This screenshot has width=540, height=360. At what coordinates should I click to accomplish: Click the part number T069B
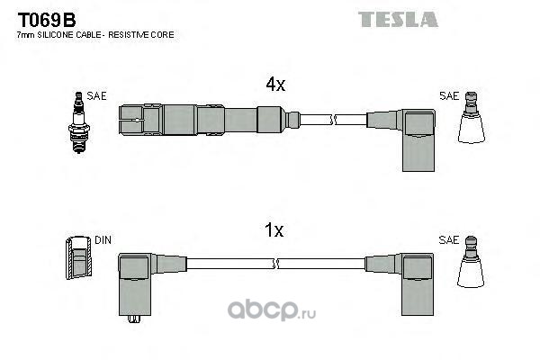tap(47, 20)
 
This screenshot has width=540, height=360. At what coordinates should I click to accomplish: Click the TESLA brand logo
tap(398, 19)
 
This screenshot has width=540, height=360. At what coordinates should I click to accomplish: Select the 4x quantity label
tap(275, 84)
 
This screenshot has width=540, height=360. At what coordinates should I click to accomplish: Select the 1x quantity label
tap(274, 229)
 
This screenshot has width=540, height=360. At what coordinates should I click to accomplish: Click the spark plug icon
tap(79, 122)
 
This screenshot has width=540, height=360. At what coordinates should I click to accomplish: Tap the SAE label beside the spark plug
tap(97, 96)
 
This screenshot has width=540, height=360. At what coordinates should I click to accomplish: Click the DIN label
tap(103, 239)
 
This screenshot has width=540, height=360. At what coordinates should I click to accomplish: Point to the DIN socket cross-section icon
tap(79, 257)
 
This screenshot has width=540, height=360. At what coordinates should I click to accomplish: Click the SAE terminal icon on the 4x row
tap(472, 118)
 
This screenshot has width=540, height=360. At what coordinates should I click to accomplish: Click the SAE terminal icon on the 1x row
tap(471, 262)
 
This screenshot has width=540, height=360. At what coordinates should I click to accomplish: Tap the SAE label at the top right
tap(449, 96)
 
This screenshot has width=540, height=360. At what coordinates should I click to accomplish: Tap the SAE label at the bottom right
tap(449, 239)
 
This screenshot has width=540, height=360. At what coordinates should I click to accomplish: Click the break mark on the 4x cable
tap(333, 120)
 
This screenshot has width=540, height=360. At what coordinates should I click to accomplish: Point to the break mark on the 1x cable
tap(275, 264)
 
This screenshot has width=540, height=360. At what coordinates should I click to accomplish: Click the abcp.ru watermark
tap(272, 310)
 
